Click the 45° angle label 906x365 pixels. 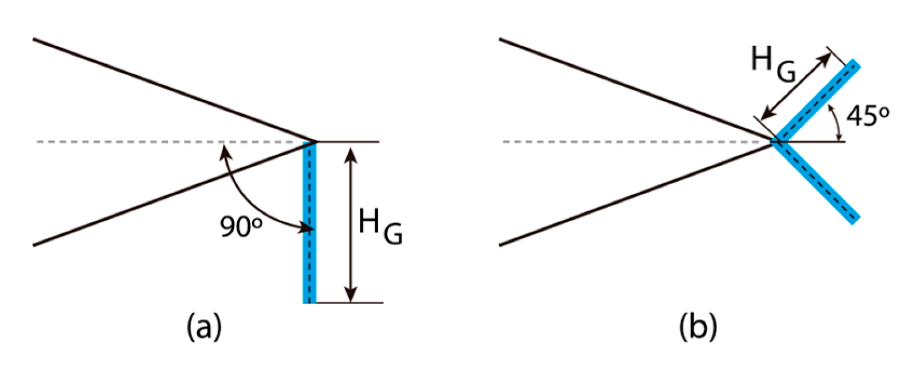click(868, 117)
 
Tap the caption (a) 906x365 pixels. click(203, 328)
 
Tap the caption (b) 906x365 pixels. click(697, 328)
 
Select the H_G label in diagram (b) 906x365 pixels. click(774, 64)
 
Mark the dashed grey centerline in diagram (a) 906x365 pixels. click(143, 142)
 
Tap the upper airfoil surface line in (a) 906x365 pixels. click(172, 90)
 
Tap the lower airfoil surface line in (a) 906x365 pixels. click(172, 195)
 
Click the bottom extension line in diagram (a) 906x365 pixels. click(350, 302)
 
